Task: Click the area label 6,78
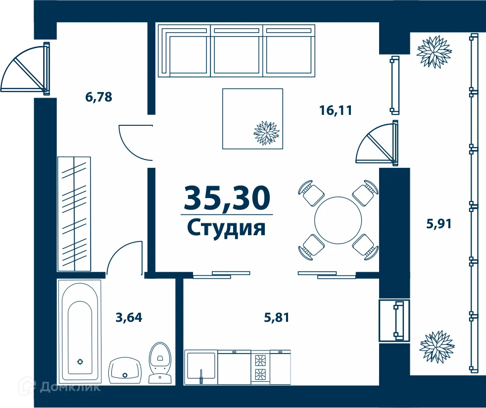tap(98, 97)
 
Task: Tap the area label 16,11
tap(336, 110)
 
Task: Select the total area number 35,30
tap(227, 198)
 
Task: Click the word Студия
tap(227, 228)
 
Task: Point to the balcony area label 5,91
tap(439, 224)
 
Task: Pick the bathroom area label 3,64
tap(129, 317)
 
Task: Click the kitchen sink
tap(200, 367)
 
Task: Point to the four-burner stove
tap(260, 367)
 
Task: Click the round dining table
tap(339, 219)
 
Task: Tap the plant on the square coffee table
tap(266, 133)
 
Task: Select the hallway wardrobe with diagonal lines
tap(74, 213)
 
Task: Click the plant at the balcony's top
tap(435, 51)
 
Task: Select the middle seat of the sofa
tap(237, 51)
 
